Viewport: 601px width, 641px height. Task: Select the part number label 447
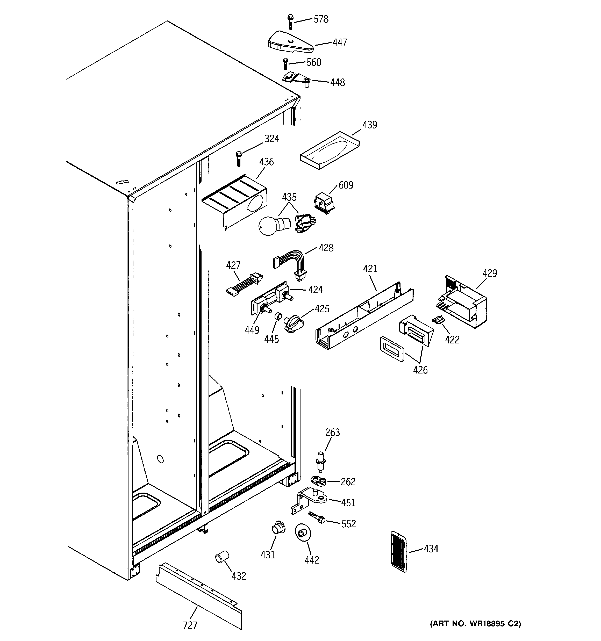tap(339, 42)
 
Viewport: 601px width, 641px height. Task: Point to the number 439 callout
tap(369, 125)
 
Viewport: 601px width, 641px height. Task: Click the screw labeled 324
tap(239, 158)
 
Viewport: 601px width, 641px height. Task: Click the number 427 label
tap(233, 265)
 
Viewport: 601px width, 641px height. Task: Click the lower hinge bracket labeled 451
tap(310, 500)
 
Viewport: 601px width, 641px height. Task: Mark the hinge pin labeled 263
tap(320, 460)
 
